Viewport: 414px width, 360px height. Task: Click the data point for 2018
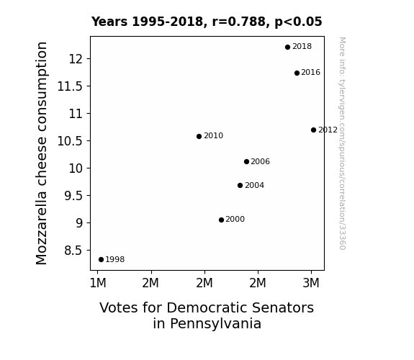287,47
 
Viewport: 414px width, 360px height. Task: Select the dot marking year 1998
101,260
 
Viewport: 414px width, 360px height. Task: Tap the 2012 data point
313,130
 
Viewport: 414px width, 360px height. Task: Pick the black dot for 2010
199,136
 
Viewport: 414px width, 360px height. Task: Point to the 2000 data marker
221,220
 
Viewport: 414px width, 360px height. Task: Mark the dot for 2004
240,186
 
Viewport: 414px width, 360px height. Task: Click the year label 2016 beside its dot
310,73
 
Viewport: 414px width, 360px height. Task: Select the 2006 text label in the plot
260,162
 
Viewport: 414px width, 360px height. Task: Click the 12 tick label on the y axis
76,59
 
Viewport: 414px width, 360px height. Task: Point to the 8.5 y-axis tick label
73,251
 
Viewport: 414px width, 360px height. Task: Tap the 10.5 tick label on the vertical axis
70,141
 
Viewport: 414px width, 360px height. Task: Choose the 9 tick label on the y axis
79,223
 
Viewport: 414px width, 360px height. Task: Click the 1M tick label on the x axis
98,283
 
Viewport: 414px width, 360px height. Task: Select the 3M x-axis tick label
311,283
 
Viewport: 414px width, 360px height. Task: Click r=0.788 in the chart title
239,22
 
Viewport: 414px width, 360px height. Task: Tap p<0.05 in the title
298,22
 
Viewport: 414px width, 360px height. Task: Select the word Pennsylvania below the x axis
207,323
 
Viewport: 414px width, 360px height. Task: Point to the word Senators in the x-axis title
282,307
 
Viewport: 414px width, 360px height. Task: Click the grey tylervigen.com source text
343,143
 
